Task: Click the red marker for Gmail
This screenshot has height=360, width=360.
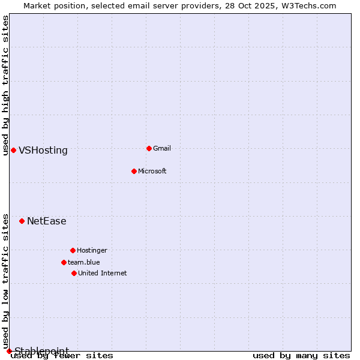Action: [149, 148]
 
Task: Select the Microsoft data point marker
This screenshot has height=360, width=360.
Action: [134, 171]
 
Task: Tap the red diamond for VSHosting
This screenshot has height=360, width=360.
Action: [13, 150]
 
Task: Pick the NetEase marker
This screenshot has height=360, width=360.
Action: [22, 221]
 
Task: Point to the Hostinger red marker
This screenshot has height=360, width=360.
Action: [73, 250]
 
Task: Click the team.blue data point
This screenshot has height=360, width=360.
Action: [64, 262]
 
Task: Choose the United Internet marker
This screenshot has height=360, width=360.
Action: [74, 273]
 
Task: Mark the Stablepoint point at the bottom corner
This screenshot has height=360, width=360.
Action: [9, 351]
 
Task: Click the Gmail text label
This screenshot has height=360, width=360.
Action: [162, 148]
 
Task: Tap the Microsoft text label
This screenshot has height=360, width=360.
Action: [152, 171]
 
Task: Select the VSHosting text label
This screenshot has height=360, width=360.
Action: [43, 151]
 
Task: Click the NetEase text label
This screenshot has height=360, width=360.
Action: [47, 221]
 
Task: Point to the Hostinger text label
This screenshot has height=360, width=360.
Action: [92, 250]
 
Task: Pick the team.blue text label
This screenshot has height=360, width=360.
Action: [84, 262]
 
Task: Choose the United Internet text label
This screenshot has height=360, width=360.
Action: [102, 273]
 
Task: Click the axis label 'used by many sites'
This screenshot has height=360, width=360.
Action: [301, 356]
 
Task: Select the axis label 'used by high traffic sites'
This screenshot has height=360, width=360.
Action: [6, 85]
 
